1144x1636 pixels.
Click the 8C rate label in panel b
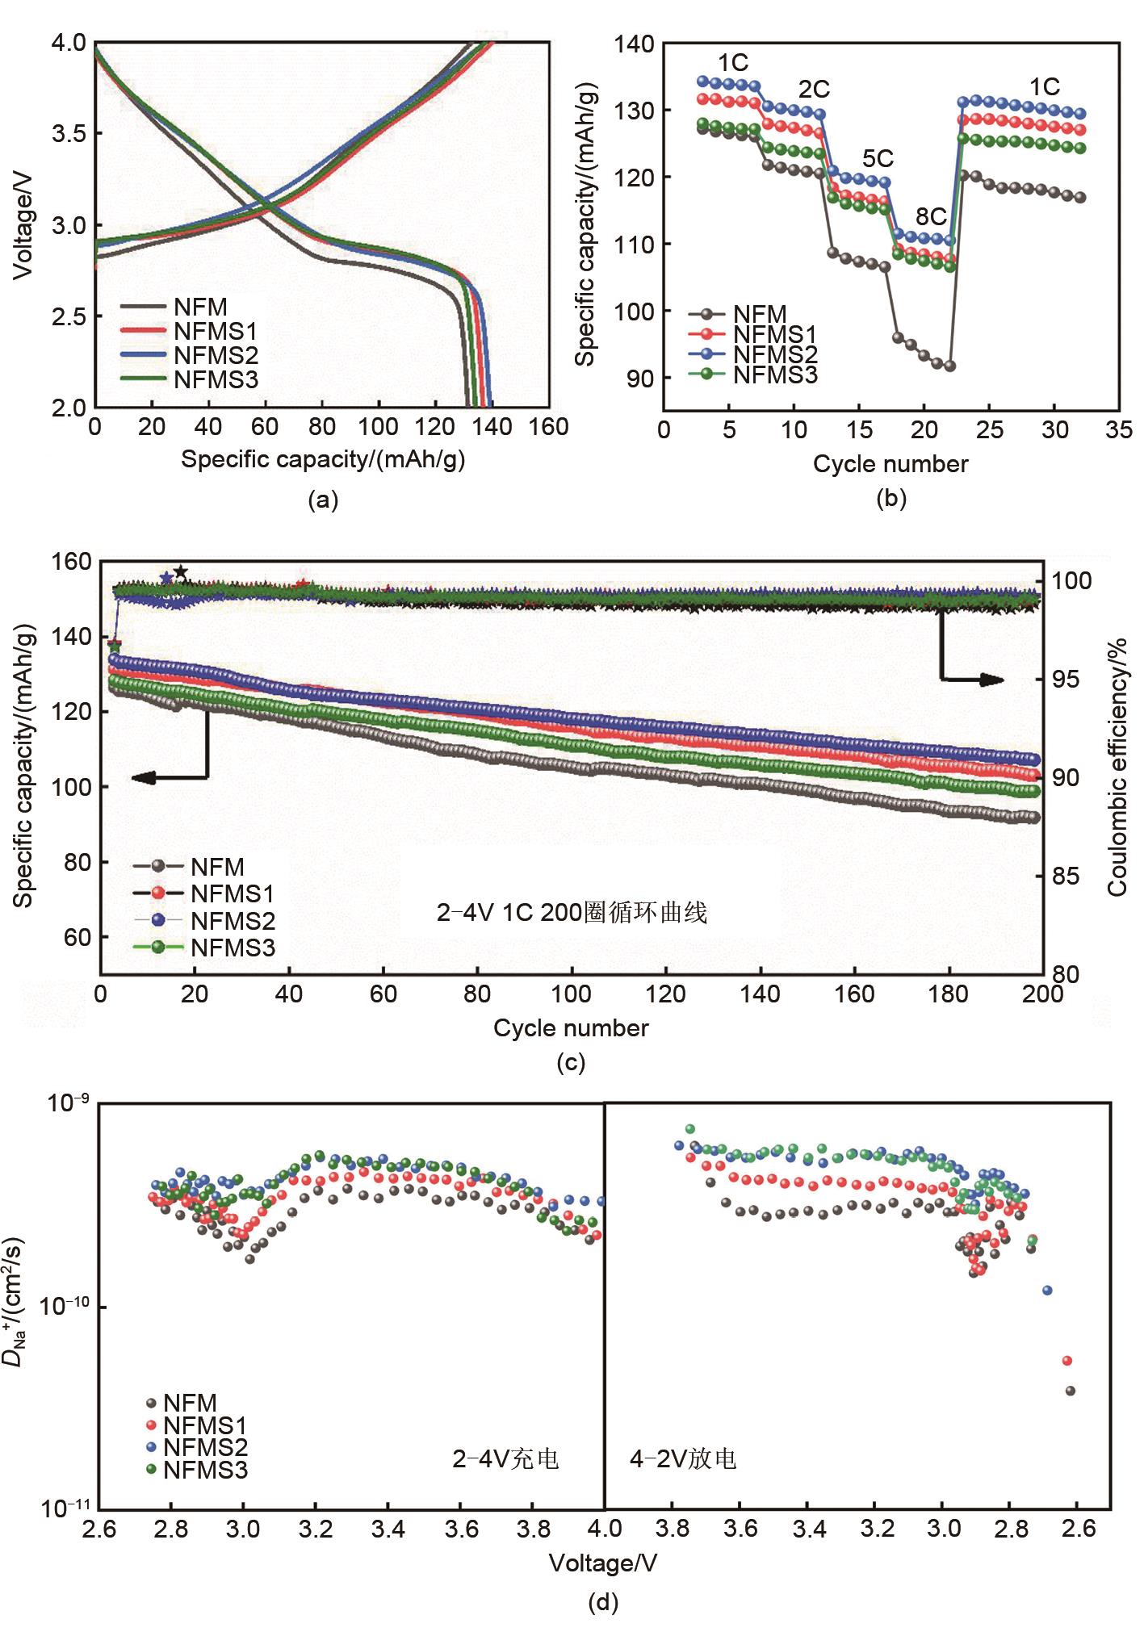point(931,216)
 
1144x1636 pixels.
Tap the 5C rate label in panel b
point(878,158)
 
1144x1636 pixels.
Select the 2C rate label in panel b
point(814,89)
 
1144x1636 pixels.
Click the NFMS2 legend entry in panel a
point(216,356)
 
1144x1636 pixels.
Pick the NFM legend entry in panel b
point(760,314)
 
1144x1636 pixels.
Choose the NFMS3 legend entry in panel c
point(233,948)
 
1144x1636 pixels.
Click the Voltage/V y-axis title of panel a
point(24,225)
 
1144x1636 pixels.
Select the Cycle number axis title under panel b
point(890,464)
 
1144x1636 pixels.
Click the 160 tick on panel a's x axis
point(549,427)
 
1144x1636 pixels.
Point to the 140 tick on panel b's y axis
point(634,44)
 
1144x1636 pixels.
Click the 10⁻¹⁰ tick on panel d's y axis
point(61,1306)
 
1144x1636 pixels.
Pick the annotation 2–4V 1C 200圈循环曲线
point(572,913)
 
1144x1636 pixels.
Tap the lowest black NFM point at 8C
point(949,366)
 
